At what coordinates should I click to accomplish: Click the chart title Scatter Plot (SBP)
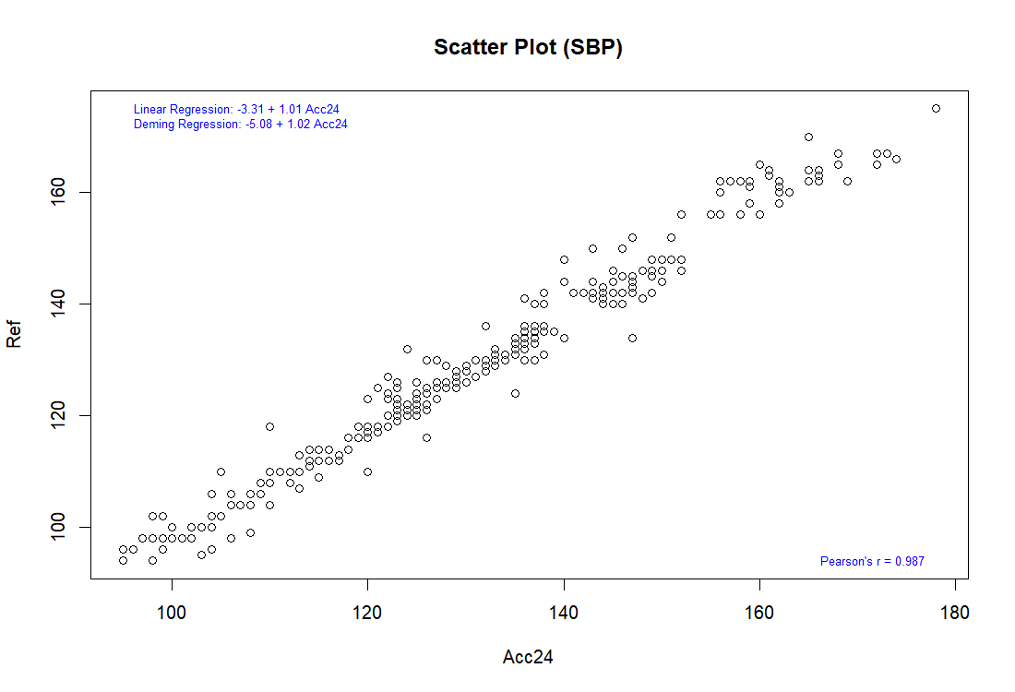(528, 48)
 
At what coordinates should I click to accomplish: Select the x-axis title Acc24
(528, 657)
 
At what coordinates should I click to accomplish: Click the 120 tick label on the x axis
(367, 612)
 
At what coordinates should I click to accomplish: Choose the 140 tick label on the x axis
(564, 612)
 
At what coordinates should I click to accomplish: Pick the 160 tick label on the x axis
(759, 612)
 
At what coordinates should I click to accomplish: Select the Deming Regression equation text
(241, 124)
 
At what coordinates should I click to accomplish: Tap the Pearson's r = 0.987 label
(872, 561)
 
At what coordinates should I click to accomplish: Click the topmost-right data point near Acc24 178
(936, 108)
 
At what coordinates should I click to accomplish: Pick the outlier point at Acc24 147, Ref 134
(632, 338)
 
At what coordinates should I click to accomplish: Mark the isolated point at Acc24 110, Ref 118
(269, 426)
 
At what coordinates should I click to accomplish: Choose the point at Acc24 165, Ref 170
(808, 137)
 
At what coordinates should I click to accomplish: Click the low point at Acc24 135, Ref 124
(515, 393)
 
